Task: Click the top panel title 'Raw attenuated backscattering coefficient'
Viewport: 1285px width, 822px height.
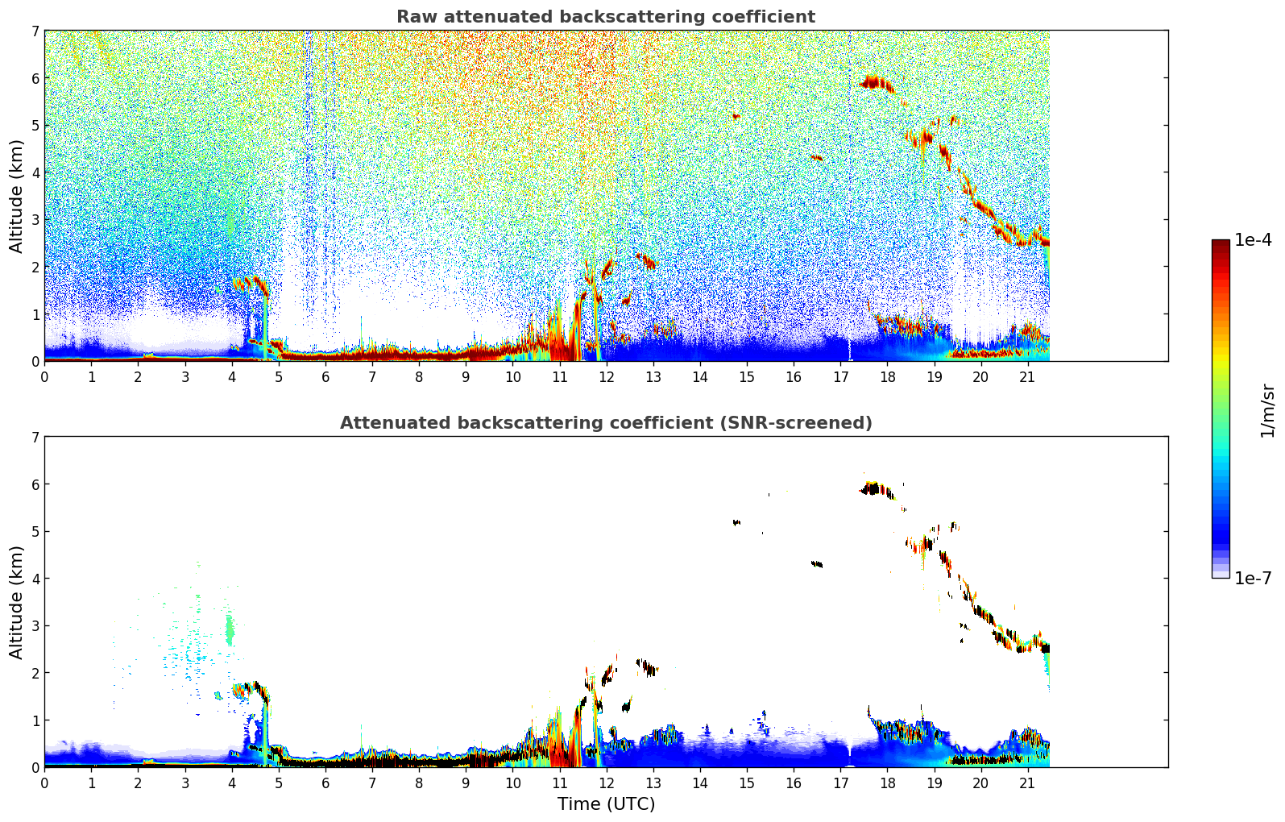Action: click(x=605, y=17)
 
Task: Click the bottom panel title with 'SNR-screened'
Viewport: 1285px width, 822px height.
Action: click(x=605, y=423)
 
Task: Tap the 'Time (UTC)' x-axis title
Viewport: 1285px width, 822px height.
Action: click(x=606, y=804)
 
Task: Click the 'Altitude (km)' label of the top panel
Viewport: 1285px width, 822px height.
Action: click(x=17, y=196)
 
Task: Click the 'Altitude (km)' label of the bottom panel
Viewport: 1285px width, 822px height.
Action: click(x=17, y=602)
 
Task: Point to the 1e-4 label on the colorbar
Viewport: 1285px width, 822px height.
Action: click(x=1253, y=240)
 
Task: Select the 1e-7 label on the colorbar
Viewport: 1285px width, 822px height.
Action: click(x=1253, y=578)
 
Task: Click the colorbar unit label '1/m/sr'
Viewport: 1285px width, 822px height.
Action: click(x=1267, y=410)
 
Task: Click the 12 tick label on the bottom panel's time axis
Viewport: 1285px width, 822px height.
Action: click(x=606, y=783)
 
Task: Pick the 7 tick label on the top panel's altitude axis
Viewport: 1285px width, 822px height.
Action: click(x=35, y=31)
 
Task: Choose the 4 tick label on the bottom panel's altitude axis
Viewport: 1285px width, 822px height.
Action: click(x=35, y=579)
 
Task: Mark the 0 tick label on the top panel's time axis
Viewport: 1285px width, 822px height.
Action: click(x=44, y=377)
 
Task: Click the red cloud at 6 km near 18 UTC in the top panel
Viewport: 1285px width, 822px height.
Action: click(x=877, y=82)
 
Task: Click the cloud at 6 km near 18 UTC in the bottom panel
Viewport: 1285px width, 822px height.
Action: click(x=875, y=488)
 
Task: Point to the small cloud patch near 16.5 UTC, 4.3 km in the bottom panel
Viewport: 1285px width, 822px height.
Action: click(x=817, y=564)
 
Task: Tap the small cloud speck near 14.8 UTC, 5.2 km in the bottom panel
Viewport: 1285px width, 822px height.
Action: click(x=736, y=522)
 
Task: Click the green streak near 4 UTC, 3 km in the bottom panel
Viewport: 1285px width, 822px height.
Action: click(x=230, y=629)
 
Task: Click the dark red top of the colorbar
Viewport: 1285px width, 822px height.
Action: click(x=1221, y=243)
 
